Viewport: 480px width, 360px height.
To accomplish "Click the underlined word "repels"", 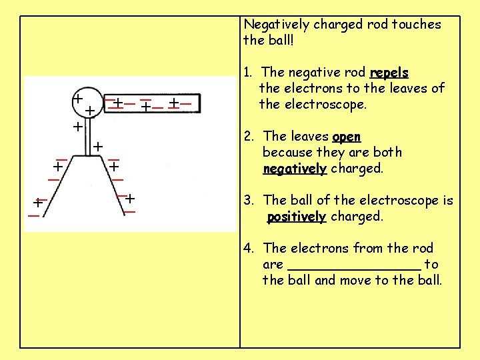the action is (389, 72).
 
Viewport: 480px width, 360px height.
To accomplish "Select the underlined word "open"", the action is (346, 137).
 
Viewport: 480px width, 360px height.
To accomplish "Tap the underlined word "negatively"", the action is (295, 169).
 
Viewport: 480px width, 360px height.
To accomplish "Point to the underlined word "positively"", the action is (296, 217).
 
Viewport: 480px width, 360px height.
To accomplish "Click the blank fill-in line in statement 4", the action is (354, 265).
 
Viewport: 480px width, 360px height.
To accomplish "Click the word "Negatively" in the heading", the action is (276, 25).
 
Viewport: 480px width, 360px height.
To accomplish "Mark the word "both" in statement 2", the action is (387, 153).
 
